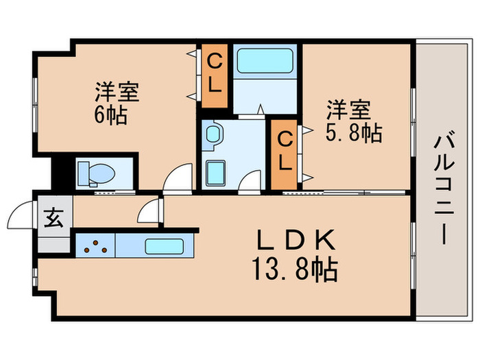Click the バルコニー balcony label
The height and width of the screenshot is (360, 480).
point(442,189)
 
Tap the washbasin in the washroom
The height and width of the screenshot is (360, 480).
point(213,135)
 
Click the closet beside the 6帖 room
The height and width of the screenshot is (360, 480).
point(215,75)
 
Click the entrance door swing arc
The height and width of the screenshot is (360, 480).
point(20,215)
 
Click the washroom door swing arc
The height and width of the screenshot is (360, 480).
point(251,179)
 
